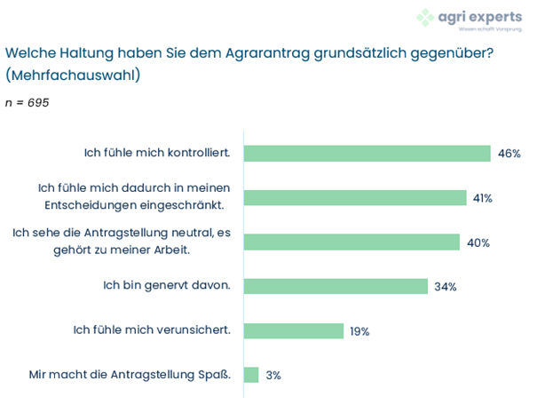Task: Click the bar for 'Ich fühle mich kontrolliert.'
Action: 367,153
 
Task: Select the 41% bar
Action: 355,197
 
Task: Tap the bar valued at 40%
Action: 351,242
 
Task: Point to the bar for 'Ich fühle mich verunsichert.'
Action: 293,330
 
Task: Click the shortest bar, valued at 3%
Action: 250,375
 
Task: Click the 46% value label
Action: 509,154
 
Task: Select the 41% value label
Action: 483,198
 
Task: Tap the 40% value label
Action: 478,242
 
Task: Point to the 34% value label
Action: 445,287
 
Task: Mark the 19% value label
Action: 359,331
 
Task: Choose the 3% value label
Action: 273,376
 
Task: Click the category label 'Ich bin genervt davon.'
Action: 168,286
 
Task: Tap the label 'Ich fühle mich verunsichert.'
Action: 152,330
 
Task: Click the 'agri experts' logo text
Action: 478,15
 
